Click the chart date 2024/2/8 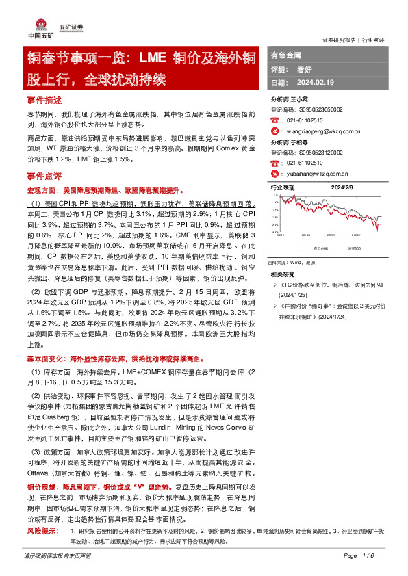point(342,187)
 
